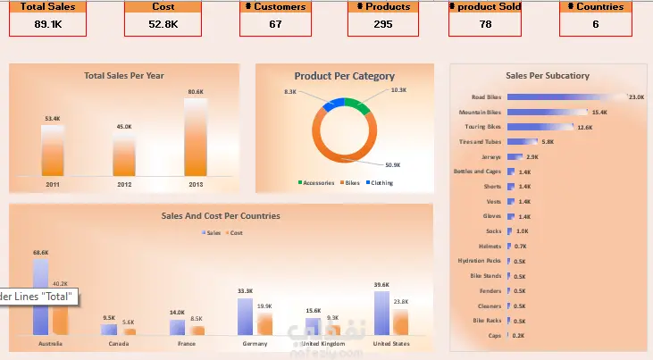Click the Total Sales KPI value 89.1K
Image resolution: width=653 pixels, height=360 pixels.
pyautogui.click(x=48, y=24)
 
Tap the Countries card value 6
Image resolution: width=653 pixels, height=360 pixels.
pyautogui.click(x=595, y=24)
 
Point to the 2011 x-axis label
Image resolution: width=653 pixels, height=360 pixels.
pyautogui.click(x=53, y=184)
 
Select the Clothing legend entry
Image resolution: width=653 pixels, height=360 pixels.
pyautogui.click(x=380, y=182)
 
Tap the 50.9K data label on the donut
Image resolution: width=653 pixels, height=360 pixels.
pyautogui.click(x=393, y=165)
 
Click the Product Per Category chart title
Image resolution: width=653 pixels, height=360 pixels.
pyautogui.click(x=345, y=76)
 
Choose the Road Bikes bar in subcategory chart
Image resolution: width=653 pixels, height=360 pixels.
pyautogui.click(x=564, y=96)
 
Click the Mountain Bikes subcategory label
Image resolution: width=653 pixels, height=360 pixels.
pyautogui.click(x=480, y=112)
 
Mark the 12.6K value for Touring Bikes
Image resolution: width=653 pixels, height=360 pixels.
pyautogui.click(x=585, y=127)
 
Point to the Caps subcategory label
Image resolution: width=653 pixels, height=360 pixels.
pyautogui.click(x=494, y=335)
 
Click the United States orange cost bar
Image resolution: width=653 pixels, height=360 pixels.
pyautogui.click(x=400, y=322)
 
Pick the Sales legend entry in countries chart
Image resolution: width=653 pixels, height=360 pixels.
pyautogui.click(x=211, y=233)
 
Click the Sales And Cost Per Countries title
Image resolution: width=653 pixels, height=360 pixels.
pyautogui.click(x=221, y=215)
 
